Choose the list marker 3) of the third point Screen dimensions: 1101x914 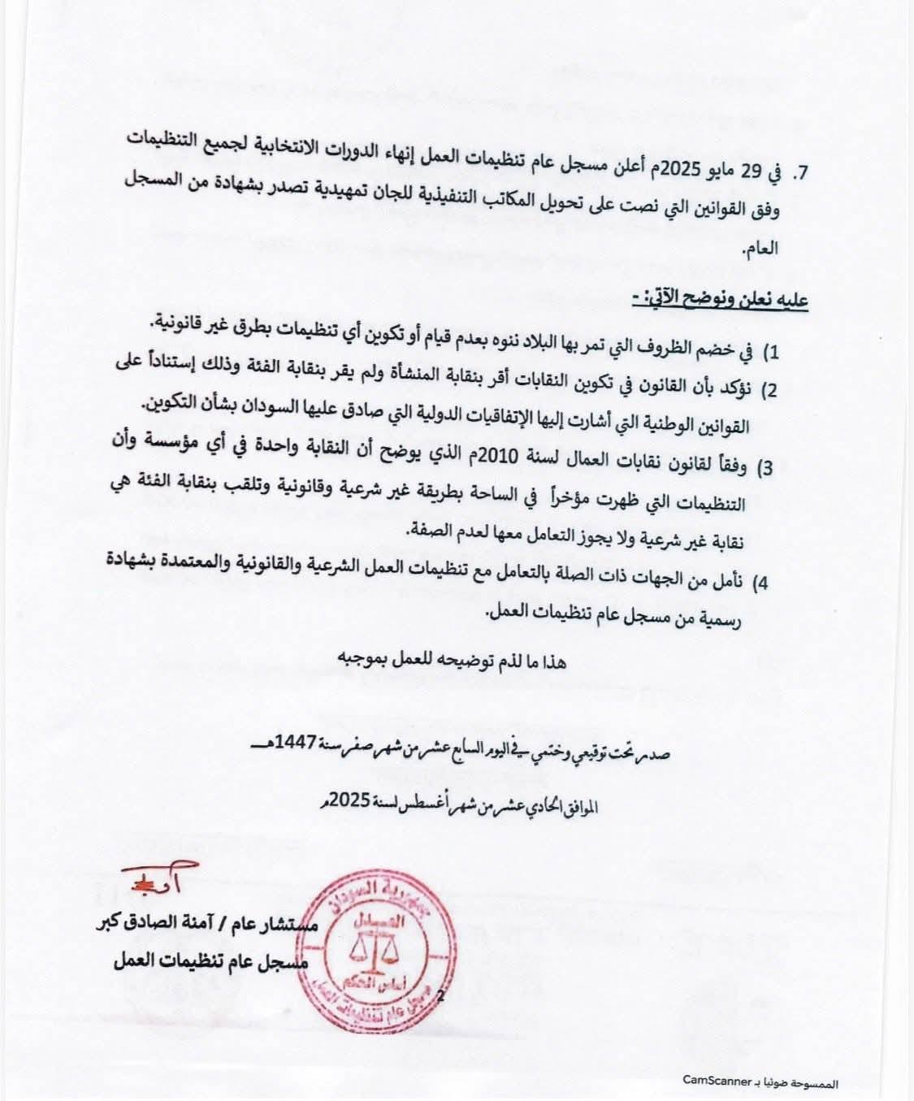coord(766,469)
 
